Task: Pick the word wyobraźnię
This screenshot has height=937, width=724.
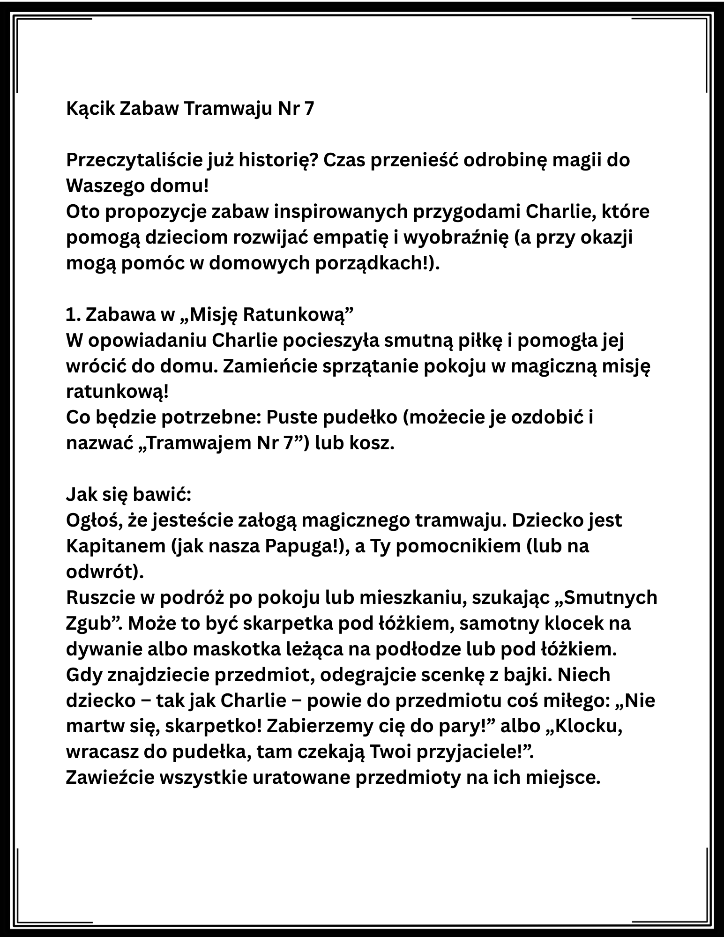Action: [453, 238]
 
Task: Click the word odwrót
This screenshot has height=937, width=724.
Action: [101, 572]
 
